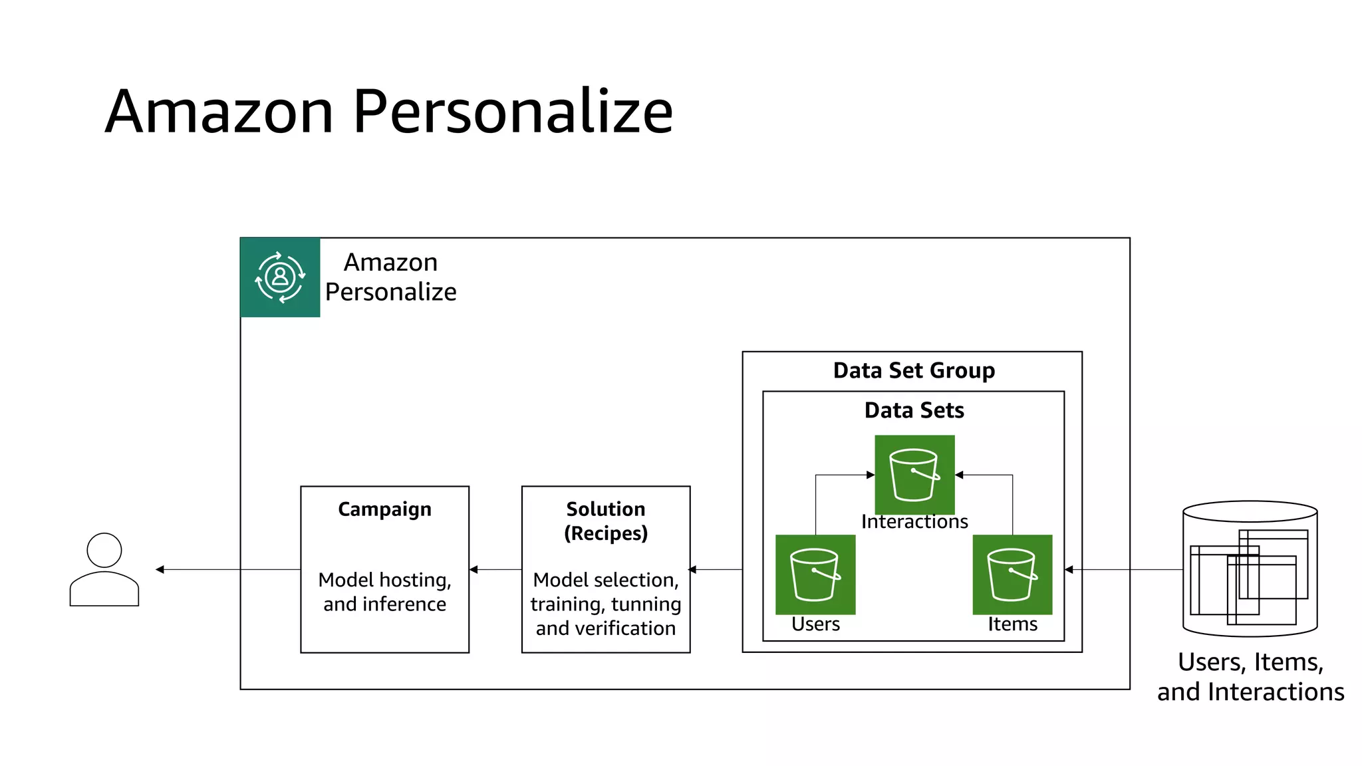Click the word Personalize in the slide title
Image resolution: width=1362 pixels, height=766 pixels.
coord(512,112)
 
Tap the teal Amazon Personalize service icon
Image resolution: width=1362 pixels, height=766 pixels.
coord(280,277)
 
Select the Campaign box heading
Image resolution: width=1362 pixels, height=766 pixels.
coord(384,509)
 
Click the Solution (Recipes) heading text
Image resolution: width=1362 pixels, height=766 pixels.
coord(605,521)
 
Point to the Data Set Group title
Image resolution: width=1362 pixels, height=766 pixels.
coord(913,370)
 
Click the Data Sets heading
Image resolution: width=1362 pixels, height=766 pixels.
coord(914,410)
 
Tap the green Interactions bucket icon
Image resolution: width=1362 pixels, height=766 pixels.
coord(914,474)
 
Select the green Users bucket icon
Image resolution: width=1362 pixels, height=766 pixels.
coord(815,574)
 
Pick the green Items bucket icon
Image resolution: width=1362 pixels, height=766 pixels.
coord(1012,574)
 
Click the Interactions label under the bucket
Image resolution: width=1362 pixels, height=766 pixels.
coord(914,522)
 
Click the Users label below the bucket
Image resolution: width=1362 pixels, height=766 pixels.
coord(815,624)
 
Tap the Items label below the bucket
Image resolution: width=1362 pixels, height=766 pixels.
coord(1012,624)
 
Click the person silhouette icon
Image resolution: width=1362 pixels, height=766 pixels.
coord(104,569)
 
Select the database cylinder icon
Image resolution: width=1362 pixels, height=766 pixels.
coord(1250,569)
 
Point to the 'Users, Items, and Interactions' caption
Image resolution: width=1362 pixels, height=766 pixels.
coord(1250,677)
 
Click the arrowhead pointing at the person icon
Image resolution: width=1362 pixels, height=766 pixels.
coord(160,569)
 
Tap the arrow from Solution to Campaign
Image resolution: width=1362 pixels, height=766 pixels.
coord(495,569)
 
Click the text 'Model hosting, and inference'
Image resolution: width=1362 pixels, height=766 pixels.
coord(384,592)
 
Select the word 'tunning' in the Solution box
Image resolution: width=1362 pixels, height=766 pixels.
coord(646,604)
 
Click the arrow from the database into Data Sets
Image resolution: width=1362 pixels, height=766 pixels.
coord(1124,569)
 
